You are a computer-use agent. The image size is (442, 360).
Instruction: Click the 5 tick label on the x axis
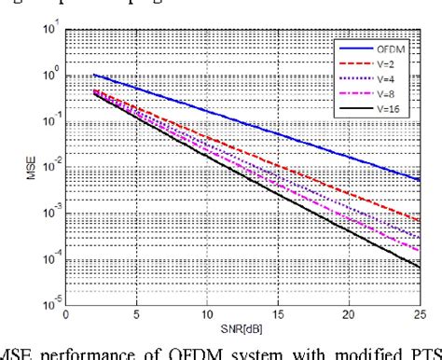pos(136,314)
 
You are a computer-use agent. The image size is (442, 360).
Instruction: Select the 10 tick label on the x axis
pos(207,314)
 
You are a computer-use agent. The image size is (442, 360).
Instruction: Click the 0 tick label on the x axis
pos(66,314)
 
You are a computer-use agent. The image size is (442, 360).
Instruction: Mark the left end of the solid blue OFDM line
pos(94,75)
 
